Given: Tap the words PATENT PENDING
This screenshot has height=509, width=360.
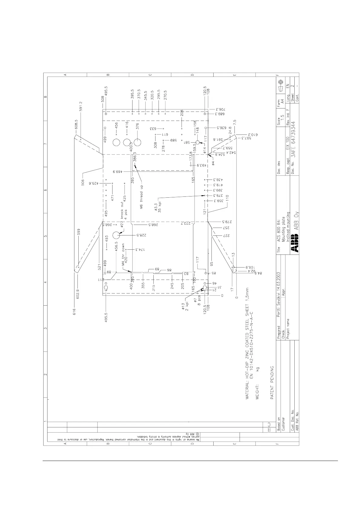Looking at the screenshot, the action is pyautogui.click(x=272, y=383).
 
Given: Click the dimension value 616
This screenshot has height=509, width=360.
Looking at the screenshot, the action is pyautogui.click(x=74, y=312).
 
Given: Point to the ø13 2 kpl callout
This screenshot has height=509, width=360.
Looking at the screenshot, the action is pyautogui.click(x=185, y=306).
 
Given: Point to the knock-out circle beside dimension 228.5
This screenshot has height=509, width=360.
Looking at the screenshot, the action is pyautogui.click(x=117, y=235).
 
